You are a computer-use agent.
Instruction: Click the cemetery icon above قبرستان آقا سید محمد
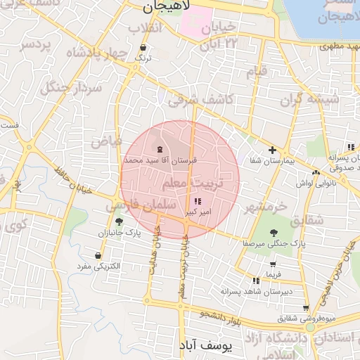pyautogui.click(x=160, y=149)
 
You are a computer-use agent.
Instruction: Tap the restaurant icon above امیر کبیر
pyautogui.click(x=205, y=202)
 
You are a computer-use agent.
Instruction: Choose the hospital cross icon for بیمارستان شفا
pyautogui.click(x=272, y=150)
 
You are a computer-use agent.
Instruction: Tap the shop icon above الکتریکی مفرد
pyautogui.click(x=98, y=256)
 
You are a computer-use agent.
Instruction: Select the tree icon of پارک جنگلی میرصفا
pyautogui.click(x=274, y=233)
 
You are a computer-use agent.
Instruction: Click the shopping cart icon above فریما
pyautogui.click(x=273, y=264)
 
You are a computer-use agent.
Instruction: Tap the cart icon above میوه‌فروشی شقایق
pyautogui.click(x=306, y=307)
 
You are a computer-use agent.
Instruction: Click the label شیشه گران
pyautogui.click(x=309, y=99)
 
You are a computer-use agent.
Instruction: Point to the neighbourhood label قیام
pyautogui.click(x=257, y=70)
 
